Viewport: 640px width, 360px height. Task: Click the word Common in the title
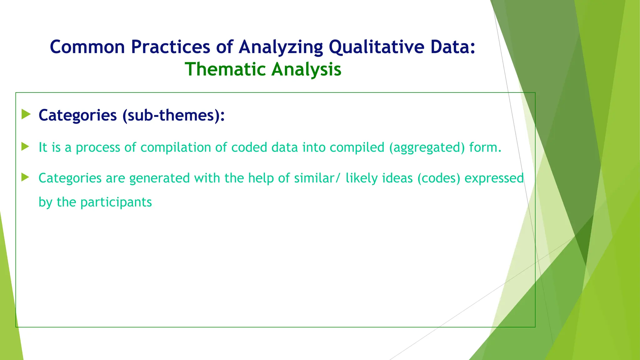pos(87,47)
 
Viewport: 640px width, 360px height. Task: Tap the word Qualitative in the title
pos(376,47)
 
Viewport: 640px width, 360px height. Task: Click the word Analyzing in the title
pos(281,47)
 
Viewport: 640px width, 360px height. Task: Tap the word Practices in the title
pos(170,47)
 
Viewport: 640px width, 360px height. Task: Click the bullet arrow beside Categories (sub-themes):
pos(26,114)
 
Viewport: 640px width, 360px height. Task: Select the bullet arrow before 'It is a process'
pos(25,147)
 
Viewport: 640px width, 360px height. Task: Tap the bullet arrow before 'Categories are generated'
pos(25,177)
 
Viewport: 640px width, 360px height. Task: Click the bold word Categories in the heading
pos(77,115)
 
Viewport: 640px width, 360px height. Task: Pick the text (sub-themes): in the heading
pos(173,115)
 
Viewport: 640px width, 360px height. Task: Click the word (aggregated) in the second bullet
pos(427,147)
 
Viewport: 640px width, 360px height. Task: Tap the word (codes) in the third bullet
pos(439,178)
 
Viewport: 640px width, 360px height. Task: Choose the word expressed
pos(494,178)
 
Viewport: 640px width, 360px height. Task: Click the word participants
pos(116,202)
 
